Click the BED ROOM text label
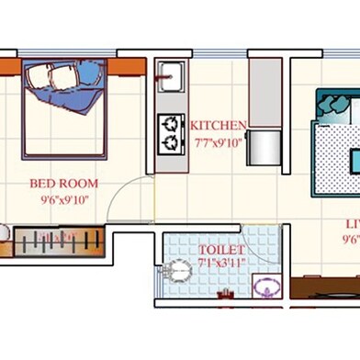(63, 184)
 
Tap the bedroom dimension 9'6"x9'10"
(63, 198)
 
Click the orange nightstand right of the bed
(128, 67)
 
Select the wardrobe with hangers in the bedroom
(58, 242)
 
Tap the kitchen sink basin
(170, 76)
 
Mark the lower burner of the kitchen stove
(170, 141)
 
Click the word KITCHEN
(218, 125)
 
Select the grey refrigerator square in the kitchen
(263, 147)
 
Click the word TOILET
(221, 250)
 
